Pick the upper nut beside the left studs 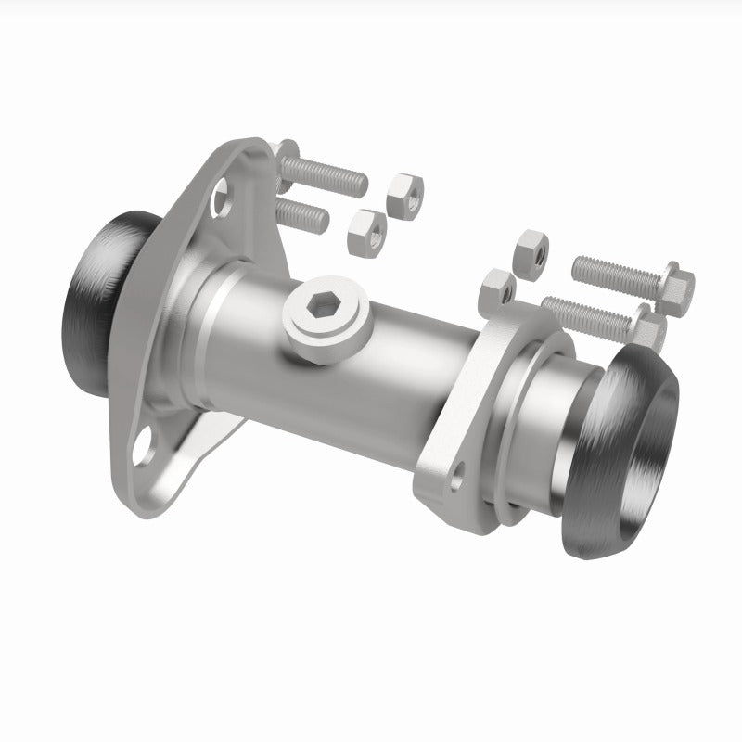click(405, 190)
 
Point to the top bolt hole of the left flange click(222, 197)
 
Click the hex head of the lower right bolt click(652, 332)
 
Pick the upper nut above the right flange click(530, 251)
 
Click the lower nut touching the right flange click(497, 291)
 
